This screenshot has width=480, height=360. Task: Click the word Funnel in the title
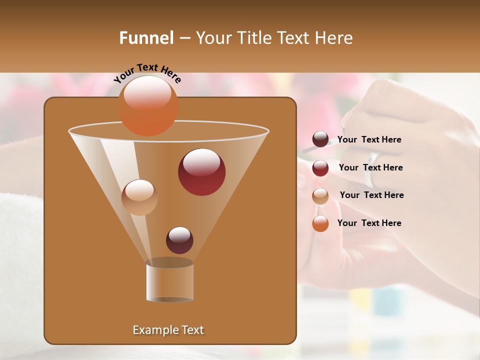[146, 38]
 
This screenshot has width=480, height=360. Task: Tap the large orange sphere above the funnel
[148, 105]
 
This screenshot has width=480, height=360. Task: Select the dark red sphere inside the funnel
[201, 172]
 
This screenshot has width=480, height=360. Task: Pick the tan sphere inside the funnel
[139, 197]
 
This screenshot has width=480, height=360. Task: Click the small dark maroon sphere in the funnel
[179, 240]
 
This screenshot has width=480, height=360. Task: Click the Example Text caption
[168, 330]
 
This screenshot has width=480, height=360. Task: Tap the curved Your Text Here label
[147, 73]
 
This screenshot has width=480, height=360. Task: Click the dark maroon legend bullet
[320, 139]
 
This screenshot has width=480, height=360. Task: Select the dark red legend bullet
[320, 167]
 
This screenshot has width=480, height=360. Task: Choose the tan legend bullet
[320, 195]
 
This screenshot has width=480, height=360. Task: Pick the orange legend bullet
[320, 223]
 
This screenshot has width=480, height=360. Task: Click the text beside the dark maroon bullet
[369, 140]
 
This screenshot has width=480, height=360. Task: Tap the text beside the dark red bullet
[370, 167]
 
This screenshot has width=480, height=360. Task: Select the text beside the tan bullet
[371, 195]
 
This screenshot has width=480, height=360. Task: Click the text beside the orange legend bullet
[369, 223]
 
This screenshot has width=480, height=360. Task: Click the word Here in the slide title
[334, 38]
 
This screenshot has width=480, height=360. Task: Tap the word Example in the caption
[153, 330]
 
